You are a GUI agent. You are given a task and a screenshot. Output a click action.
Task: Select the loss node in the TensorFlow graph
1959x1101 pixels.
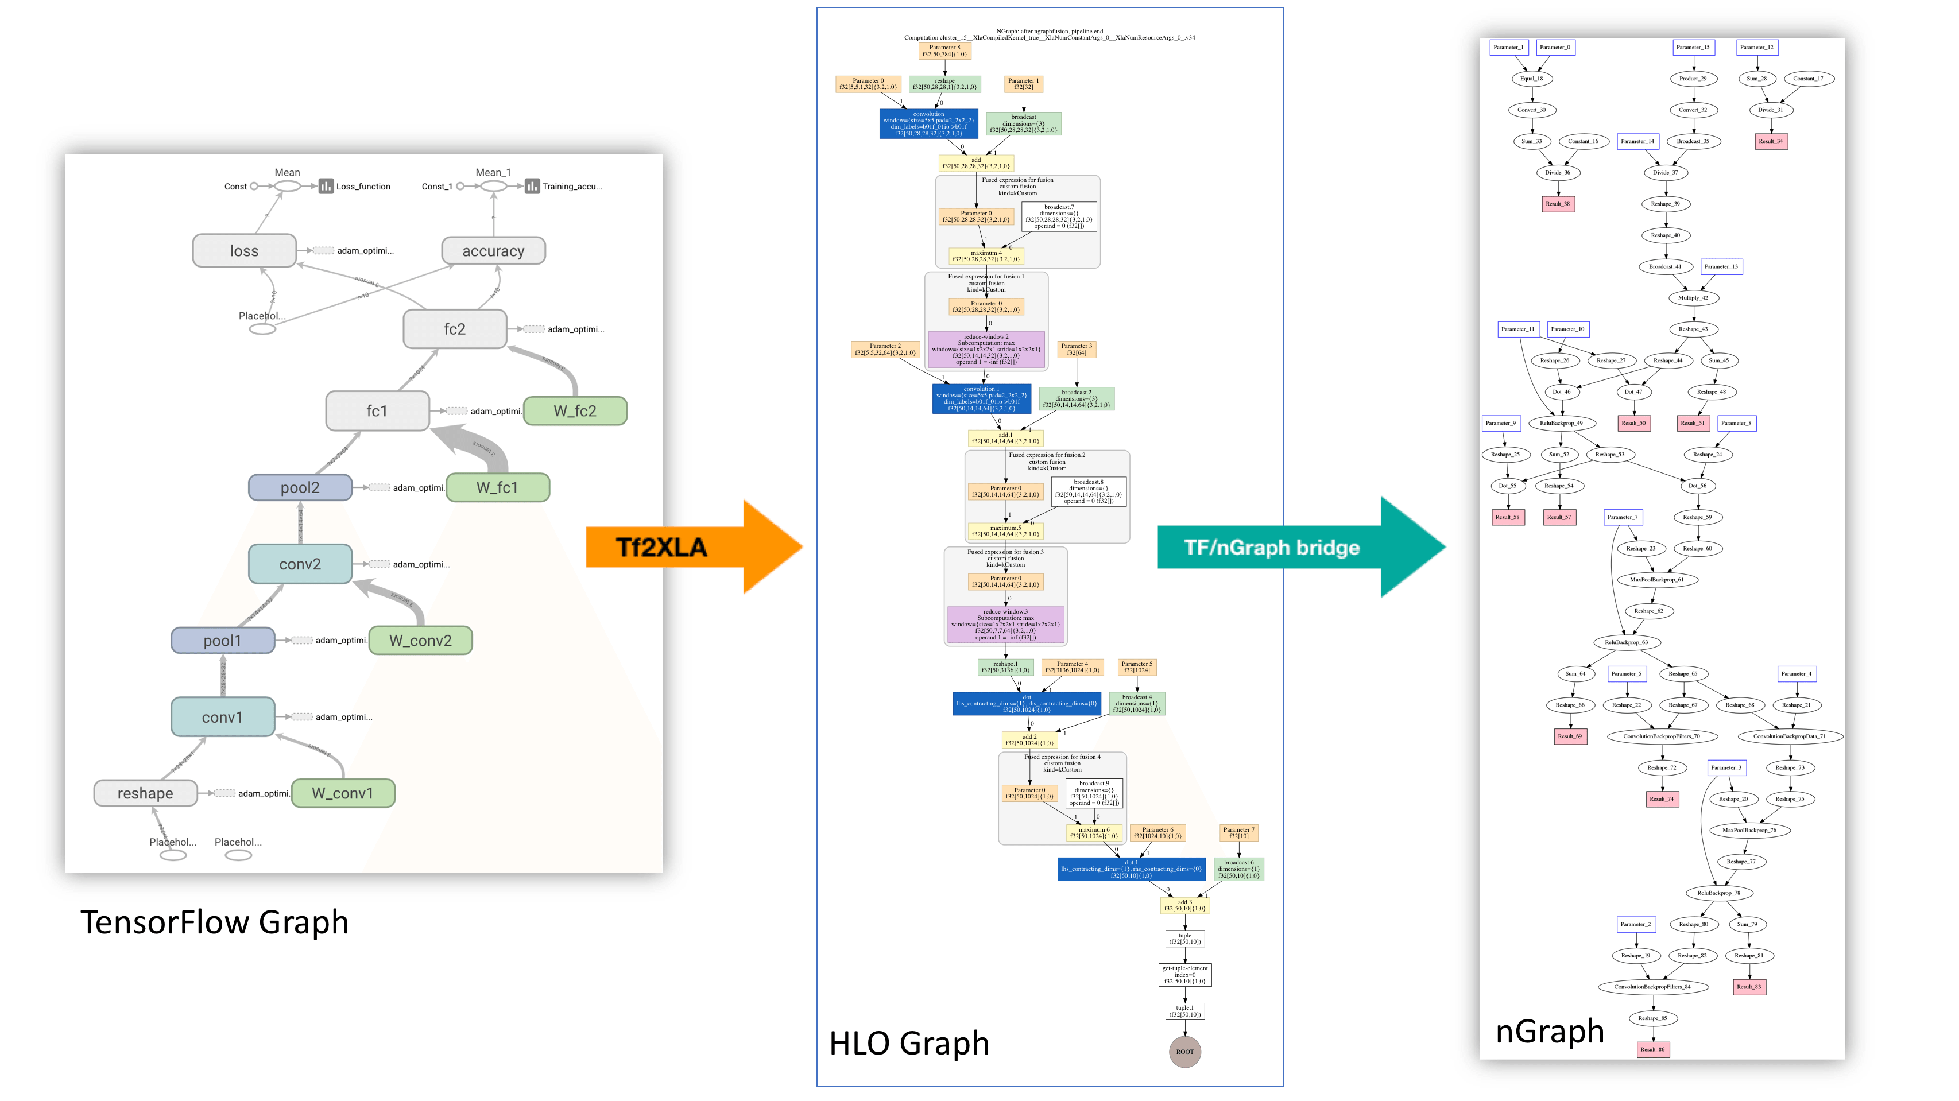tap(244, 251)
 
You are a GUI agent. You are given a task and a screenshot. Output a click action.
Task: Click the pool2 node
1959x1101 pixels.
tap(300, 487)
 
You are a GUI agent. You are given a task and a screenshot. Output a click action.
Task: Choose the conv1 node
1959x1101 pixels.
tap(222, 717)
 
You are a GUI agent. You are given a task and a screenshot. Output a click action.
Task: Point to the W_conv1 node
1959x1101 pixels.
tap(342, 793)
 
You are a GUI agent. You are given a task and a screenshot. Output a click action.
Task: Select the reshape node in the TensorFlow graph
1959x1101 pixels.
tap(145, 793)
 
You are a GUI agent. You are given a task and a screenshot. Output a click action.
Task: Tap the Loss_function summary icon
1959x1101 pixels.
tap(326, 187)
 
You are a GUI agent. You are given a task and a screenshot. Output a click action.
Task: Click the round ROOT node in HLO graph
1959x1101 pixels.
tap(1184, 1052)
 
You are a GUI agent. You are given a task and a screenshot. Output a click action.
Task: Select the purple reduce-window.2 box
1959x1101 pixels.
tap(986, 349)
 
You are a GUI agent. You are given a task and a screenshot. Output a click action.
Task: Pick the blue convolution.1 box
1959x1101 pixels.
tap(981, 398)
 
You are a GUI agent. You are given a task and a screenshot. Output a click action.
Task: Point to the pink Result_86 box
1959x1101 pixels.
tap(1652, 1049)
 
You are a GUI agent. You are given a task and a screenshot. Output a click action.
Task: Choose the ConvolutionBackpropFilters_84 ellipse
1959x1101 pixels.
tap(1652, 987)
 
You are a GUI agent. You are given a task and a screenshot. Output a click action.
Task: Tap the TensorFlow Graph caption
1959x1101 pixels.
tap(215, 922)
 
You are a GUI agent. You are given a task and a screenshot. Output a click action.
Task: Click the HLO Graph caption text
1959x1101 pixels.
tap(909, 1043)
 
